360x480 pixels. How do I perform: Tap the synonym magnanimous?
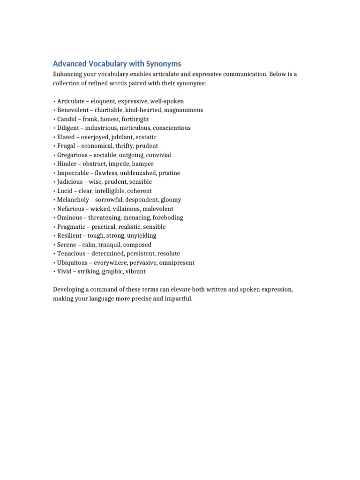coord(184,110)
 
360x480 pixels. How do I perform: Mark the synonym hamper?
coord(143,164)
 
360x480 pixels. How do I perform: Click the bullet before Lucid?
coord(54,191)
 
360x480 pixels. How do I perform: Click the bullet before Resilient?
coord(54,236)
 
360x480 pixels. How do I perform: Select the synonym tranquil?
coord(112,245)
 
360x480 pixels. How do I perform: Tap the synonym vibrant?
coord(134,271)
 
